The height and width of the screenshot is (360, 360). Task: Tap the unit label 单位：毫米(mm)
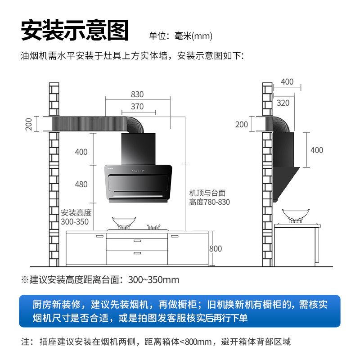tap(180, 36)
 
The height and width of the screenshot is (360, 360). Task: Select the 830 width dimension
tap(137, 94)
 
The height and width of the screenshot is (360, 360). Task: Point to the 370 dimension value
tap(137, 107)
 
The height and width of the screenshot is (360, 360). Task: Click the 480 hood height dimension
tap(81, 184)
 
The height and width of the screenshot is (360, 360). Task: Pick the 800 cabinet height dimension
tap(216, 249)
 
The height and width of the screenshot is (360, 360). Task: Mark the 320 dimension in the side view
tap(283, 103)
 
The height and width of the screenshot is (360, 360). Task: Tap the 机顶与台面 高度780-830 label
tap(209, 197)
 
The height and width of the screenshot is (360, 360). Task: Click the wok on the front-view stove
tap(123, 223)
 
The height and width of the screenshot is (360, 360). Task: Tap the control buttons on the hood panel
tap(137, 171)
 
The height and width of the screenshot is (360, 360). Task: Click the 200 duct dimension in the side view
tap(242, 125)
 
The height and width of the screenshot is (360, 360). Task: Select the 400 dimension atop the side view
tap(287, 82)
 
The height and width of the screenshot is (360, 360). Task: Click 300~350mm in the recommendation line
tap(153, 280)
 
